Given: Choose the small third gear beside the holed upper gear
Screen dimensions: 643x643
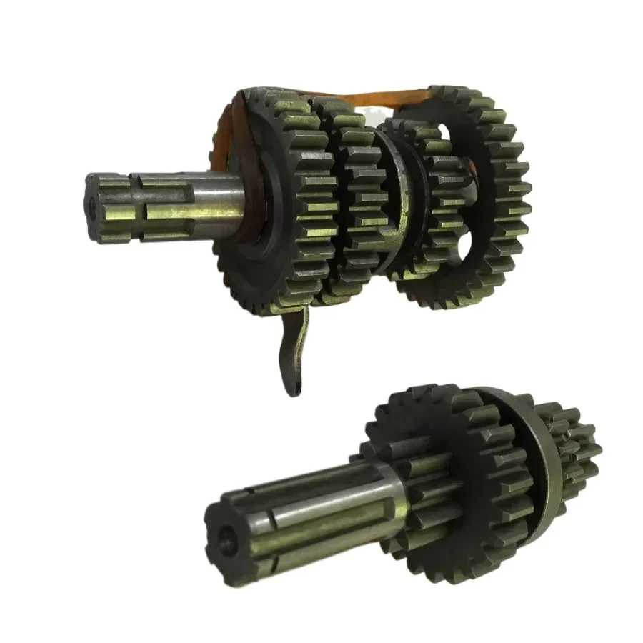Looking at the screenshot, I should coord(436,207).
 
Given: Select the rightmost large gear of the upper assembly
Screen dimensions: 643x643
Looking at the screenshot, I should coord(500,193).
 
